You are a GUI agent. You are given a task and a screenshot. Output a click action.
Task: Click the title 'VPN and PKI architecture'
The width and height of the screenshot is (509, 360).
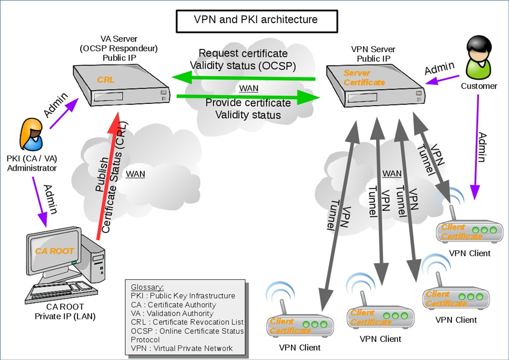[256, 20]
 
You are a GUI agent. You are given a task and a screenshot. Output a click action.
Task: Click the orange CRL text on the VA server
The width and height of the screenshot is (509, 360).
[107, 80]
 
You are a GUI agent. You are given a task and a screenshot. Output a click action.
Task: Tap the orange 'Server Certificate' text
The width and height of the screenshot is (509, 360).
[364, 77]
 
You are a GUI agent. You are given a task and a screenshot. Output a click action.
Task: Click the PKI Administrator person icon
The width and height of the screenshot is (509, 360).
[32, 135]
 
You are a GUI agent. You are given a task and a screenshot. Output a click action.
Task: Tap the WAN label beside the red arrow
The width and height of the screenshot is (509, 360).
[135, 174]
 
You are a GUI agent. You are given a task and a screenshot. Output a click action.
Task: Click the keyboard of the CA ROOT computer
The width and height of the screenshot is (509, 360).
[54, 290]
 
